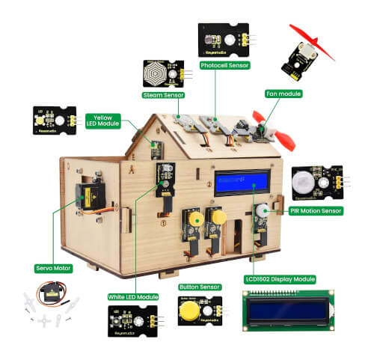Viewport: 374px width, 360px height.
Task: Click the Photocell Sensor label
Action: click(x=224, y=65)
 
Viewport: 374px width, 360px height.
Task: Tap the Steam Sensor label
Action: click(x=164, y=95)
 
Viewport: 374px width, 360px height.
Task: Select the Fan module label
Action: click(x=283, y=94)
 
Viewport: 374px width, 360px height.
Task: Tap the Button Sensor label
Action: click(x=199, y=286)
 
